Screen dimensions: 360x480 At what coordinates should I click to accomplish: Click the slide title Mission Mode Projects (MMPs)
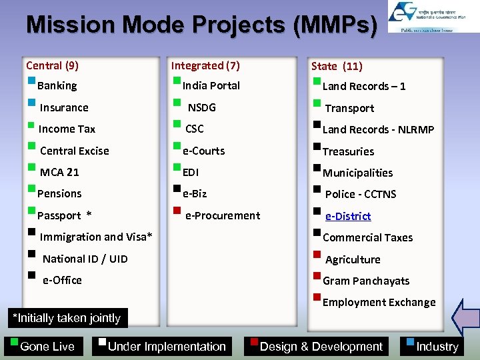click(x=201, y=25)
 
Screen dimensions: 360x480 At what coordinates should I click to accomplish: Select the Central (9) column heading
click(x=52, y=65)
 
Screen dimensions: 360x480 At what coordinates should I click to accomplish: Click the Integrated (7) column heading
click(x=205, y=65)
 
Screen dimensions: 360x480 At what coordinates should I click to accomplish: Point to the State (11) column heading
click(x=337, y=66)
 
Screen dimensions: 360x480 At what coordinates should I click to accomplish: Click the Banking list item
click(x=57, y=85)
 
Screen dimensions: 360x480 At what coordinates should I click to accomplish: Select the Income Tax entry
click(x=67, y=129)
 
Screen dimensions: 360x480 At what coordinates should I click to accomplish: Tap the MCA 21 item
click(x=59, y=172)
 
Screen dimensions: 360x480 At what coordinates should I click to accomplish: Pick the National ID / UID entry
click(x=85, y=259)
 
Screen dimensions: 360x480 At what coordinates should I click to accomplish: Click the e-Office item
click(x=62, y=280)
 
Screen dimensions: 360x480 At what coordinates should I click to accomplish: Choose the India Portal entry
click(x=211, y=85)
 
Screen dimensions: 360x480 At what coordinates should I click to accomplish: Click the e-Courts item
click(x=203, y=151)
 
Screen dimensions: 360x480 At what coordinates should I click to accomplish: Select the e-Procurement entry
click(x=222, y=215)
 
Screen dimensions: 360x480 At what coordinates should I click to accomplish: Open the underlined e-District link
click(x=348, y=216)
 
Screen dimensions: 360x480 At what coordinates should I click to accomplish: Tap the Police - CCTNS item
click(x=360, y=194)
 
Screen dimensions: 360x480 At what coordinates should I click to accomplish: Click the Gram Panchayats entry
click(x=365, y=281)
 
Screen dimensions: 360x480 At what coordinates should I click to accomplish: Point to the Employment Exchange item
click(x=379, y=302)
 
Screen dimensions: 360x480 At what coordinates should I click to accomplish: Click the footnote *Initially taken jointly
click(x=67, y=318)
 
